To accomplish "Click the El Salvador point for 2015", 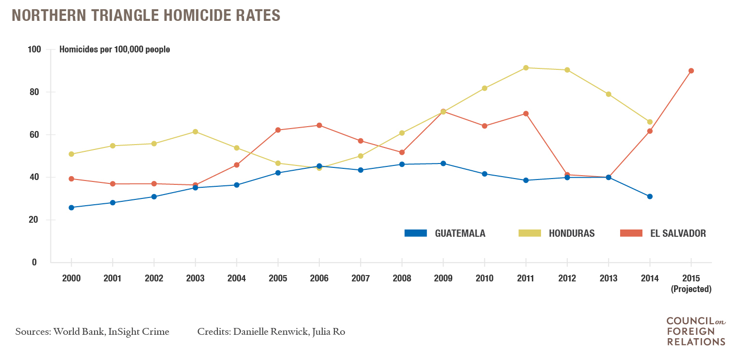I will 691,71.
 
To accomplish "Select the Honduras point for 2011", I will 526,68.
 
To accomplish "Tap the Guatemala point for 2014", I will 650,196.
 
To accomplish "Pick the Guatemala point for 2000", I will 71,208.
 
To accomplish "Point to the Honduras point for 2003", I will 196,131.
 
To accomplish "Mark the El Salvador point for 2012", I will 567,175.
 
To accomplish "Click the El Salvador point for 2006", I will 319,125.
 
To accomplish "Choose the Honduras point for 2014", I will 650,122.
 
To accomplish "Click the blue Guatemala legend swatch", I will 415,233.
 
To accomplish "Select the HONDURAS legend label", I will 572,233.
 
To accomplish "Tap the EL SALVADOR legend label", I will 678,233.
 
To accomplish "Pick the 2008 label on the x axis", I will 402,278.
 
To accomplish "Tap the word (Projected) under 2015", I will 691,289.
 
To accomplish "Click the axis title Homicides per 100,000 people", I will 115,49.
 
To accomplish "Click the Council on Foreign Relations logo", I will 695,331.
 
